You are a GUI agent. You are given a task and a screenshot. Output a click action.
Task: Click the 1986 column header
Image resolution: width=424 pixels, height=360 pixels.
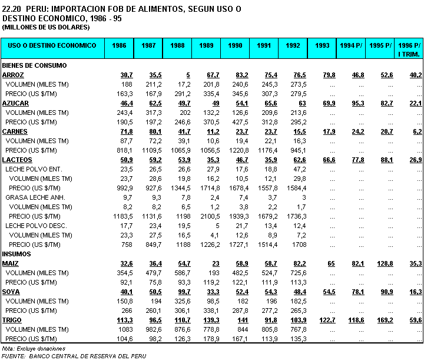[119, 45]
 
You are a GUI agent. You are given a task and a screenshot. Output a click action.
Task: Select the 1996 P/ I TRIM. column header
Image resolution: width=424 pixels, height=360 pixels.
[409, 49]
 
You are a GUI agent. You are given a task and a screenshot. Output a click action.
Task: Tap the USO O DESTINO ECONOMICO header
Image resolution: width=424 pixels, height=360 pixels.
[52, 45]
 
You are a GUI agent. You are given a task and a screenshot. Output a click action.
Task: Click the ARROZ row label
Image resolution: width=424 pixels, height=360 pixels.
[13, 75]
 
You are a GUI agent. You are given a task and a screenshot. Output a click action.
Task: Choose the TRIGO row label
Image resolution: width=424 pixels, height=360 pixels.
[12, 320]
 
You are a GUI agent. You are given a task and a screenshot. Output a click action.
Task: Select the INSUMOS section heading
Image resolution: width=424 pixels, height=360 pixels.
[16, 254]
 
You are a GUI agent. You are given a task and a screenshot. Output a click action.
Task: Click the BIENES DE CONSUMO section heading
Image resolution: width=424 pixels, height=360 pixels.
[34, 65]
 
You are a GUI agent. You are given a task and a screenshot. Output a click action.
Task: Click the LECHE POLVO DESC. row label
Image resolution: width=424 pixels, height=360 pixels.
[37, 226]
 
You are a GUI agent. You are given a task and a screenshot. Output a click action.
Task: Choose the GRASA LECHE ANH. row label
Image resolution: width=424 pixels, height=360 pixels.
[35, 197]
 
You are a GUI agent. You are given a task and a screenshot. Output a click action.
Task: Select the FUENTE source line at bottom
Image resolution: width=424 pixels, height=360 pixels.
[74, 356]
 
